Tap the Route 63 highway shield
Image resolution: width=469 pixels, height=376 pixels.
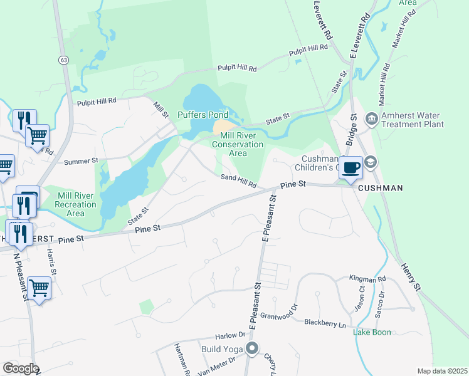63,60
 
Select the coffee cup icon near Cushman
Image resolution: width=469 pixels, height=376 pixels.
351,167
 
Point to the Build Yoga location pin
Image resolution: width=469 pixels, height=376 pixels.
252,348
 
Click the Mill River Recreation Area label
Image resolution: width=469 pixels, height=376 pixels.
76,204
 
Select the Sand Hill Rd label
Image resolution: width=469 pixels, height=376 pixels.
238,182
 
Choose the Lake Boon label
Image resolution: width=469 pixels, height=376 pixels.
372,332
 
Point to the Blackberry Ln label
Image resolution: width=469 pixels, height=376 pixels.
325,323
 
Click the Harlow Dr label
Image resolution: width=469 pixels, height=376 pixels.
228,336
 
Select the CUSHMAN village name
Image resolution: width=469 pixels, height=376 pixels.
380,188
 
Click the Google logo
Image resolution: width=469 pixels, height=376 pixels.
19,368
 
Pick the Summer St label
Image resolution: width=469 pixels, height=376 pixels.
82,161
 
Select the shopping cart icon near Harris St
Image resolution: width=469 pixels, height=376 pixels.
39,288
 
